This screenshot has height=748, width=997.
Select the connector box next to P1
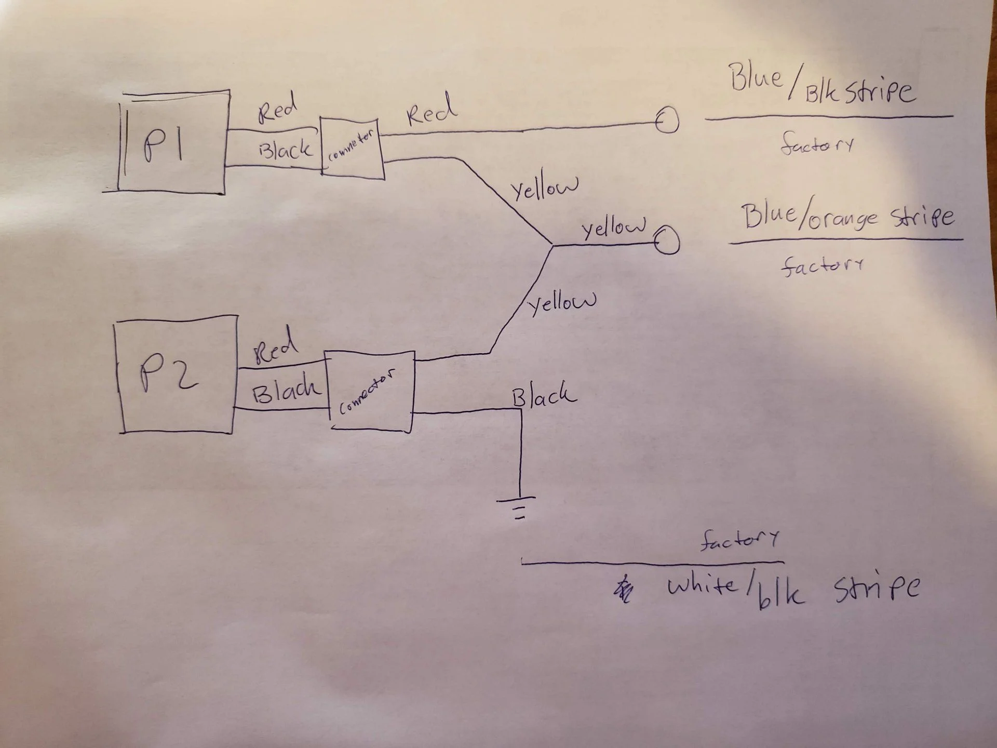pyautogui.click(x=352, y=149)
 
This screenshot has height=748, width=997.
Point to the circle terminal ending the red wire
pyautogui.click(x=667, y=122)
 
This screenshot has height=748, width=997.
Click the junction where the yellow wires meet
pyautogui.click(x=551, y=245)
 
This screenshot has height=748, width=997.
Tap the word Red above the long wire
pyautogui.click(x=431, y=110)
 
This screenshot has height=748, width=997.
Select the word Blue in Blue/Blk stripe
pyautogui.click(x=756, y=78)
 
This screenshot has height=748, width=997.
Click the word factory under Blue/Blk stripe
pyautogui.click(x=816, y=144)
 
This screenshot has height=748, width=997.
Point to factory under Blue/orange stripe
pyautogui.click(x=820, y=266)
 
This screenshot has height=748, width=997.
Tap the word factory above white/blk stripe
pyautogui.click(x=739, y=540)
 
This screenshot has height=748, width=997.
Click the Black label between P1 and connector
pyautogui.click(x=285, y=150)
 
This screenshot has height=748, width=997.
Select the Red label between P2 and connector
pyautogui.click(x=275, y=347)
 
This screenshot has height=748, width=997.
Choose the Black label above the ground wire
pyautogui.click(x=544, y=396)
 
